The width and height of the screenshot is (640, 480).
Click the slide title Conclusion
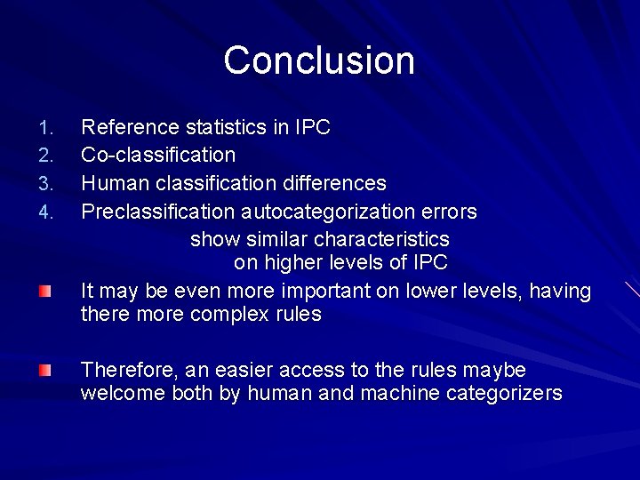(x=319, y=60)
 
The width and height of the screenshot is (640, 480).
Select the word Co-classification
(x=158, y=156)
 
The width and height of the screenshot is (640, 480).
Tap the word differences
(x=333, y=184)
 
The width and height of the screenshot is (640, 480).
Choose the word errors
(x=452, y=212)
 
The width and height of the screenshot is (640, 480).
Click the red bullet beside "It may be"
(x=44, y=292)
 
